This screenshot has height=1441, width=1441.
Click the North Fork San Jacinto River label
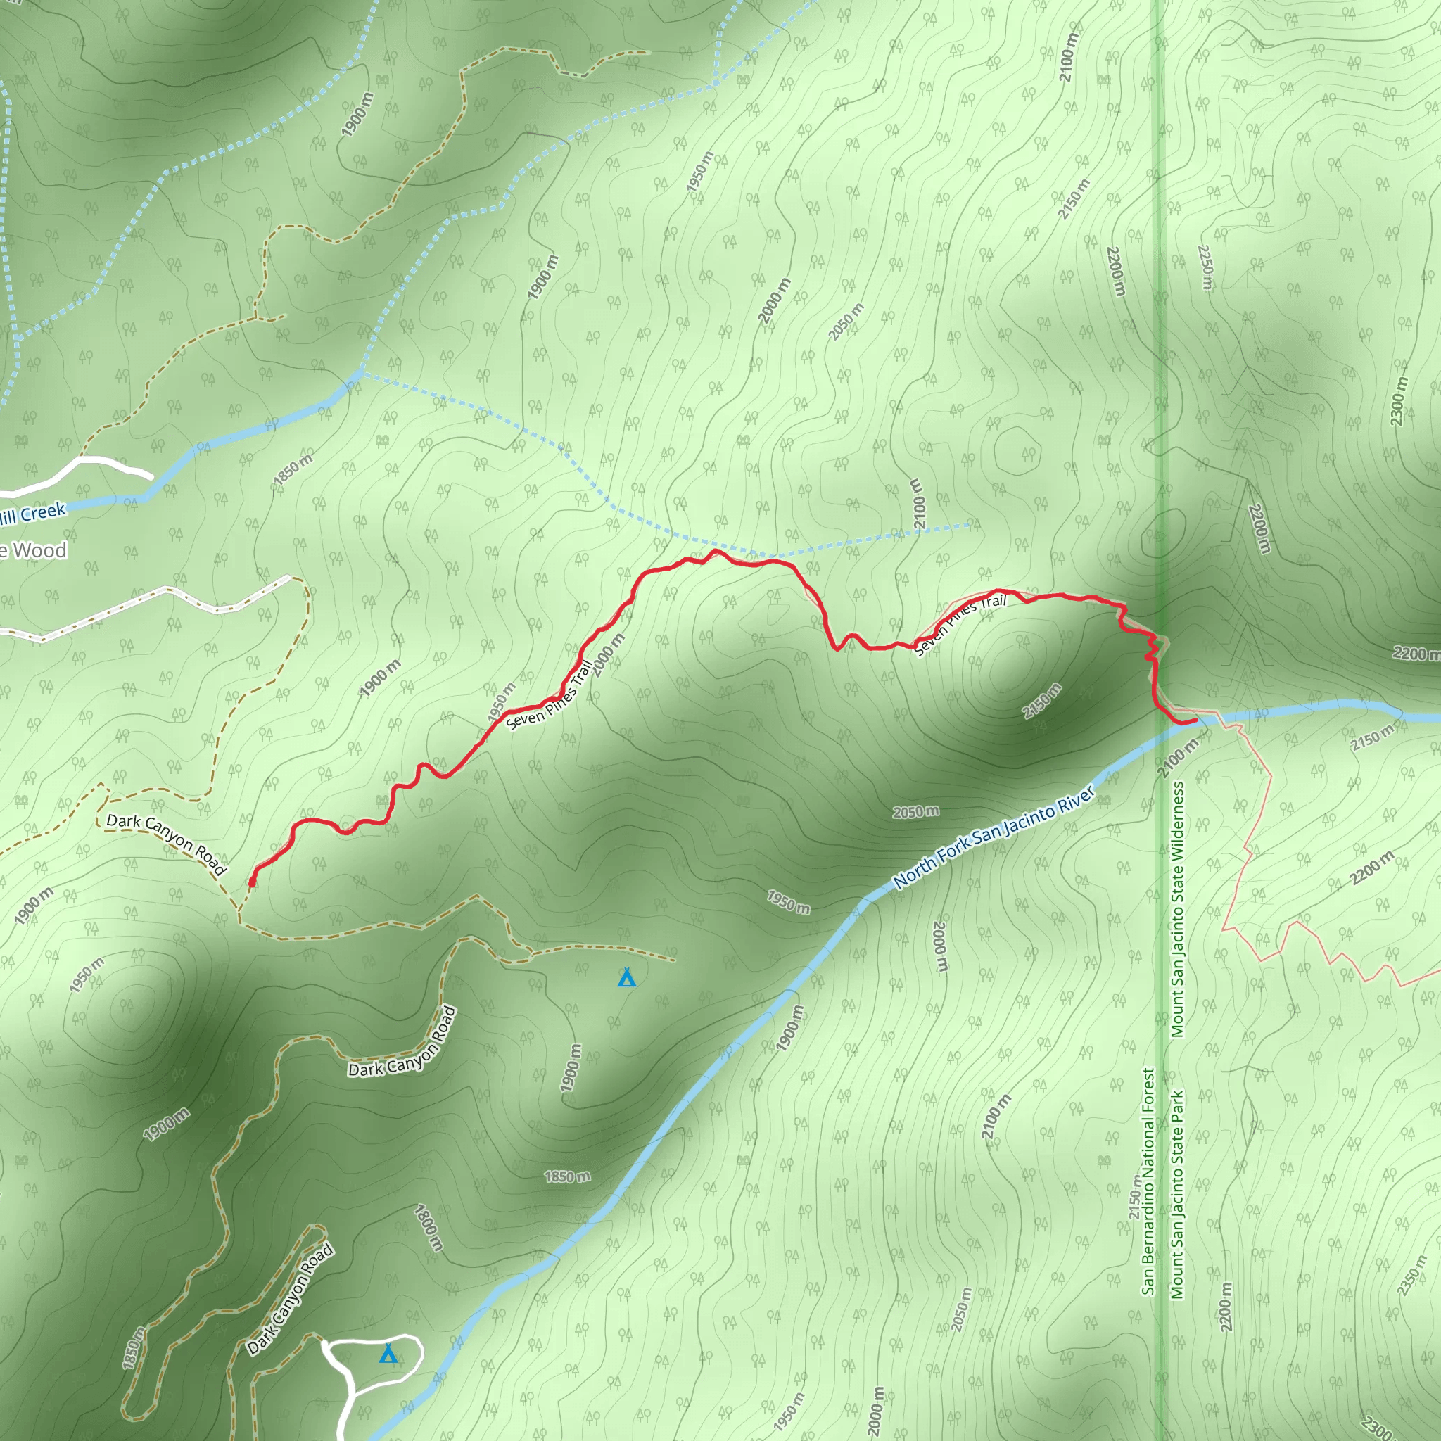point(994,837)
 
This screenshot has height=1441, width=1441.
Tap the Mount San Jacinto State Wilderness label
point(1177,909)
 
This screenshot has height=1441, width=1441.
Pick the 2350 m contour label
point(1411,1278)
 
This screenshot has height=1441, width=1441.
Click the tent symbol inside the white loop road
point(388,1353)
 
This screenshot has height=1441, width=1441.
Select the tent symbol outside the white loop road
point(626,977)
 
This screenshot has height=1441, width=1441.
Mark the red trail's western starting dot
point(252,883)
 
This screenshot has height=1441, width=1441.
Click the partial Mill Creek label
point(34,514)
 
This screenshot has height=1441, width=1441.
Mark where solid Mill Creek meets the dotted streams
point(359,374)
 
